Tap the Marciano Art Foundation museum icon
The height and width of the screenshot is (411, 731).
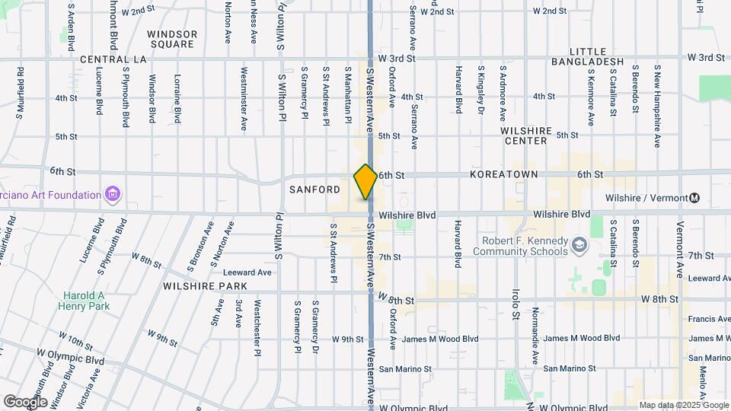(113, 195)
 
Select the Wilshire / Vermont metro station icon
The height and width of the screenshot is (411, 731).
(694, 198)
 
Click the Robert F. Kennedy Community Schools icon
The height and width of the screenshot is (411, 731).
(579, 244)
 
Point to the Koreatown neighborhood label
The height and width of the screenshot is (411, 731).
(504, 174)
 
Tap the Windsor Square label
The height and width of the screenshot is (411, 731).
(172, 39)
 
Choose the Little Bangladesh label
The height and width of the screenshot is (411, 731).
(587, 56)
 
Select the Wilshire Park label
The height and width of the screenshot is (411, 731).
(205, 286)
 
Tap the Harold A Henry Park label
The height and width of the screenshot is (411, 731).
(84, 301)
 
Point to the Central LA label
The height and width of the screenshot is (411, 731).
(113, 59)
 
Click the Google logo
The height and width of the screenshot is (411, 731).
(24, 401)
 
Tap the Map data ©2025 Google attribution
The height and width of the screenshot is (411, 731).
(683, 405)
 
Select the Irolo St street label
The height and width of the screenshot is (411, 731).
(516, 304)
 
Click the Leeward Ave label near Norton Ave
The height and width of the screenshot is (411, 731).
(247, 272)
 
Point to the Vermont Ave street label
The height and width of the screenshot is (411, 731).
(681, 250)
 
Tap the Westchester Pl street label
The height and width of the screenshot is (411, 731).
(257, 325)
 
